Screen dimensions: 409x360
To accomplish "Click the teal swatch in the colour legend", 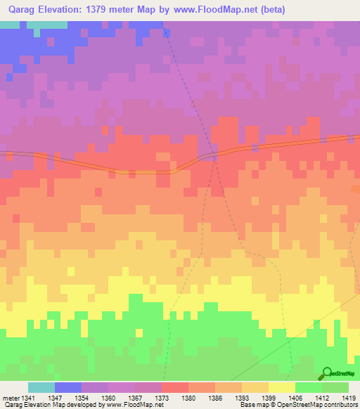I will click(x=41, y=387).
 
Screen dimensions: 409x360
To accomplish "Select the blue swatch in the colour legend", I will click(x=68, y=387).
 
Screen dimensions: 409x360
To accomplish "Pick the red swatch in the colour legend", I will click(x=174, y=387).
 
